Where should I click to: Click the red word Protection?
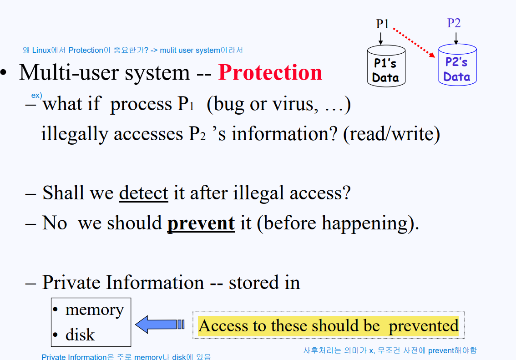click(x=270, y=73)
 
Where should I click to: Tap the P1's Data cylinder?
click(x=385, y=66)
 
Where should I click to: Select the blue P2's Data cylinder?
click(x=457, y=65)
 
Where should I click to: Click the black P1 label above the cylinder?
click(x=382, y=24)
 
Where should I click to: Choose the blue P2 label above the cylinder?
click(x=454, y=23)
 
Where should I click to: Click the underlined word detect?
click(x=143, y=193)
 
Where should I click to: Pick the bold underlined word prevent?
click(x=201, y=223)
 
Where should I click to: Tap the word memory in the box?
click(x=94, y=309)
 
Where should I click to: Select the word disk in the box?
click(x=80, y=335)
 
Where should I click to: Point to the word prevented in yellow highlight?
click(x=423, y=326)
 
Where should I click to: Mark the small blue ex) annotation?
click(x=36, y=96)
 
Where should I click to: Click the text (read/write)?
click(x=391, y=134)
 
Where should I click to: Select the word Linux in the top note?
click(x=41, y=50)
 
